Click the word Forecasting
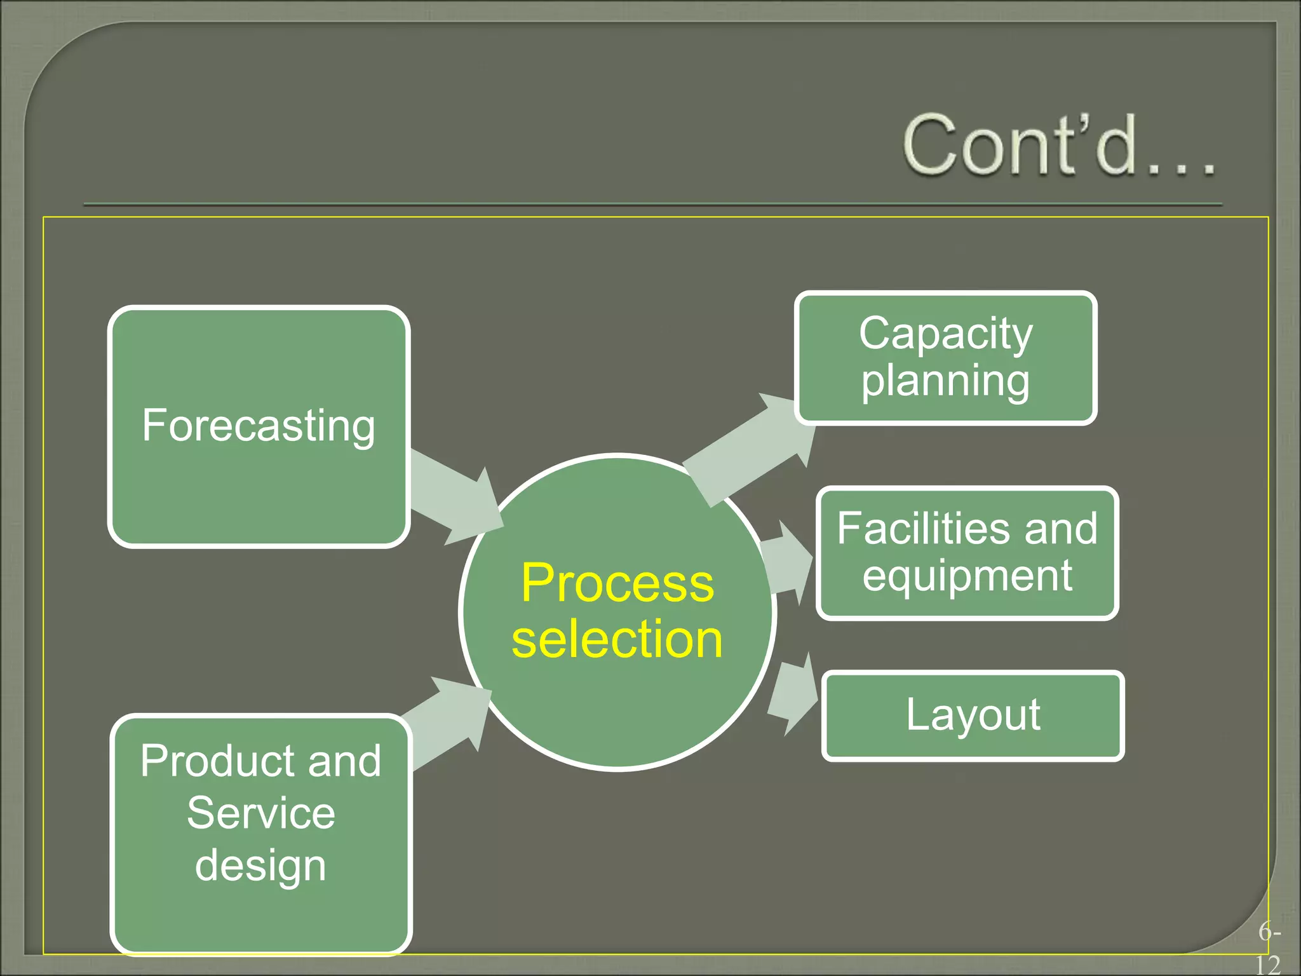259,426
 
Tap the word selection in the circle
617,639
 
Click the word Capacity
945,334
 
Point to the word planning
945,381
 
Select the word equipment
967,576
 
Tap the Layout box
973,715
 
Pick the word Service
260,813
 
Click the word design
260,865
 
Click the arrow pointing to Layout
791,696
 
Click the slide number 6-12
1268,949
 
